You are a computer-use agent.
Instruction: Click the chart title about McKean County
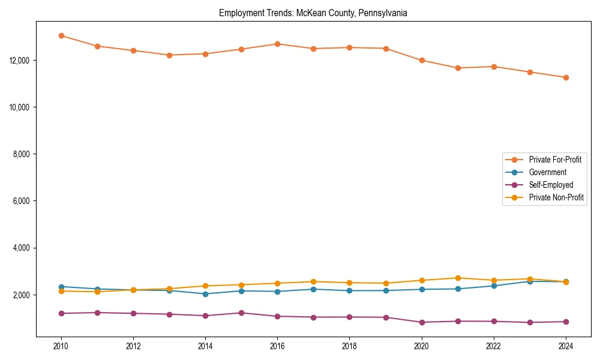tap(313, 13)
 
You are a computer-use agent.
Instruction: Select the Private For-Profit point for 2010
tap(61, 35)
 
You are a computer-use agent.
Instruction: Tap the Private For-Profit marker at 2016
tap(277, 44)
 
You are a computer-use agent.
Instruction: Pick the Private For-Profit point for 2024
tap(566, 77)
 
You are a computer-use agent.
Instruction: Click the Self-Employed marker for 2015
tap(241, 313)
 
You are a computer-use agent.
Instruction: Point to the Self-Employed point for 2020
tap(422, 322)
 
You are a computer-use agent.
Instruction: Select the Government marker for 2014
tap(205, 294)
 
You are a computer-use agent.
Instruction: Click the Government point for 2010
tap(61, 287)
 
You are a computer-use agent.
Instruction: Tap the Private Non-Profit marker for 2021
tap(458, 278)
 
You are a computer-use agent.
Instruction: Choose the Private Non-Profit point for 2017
tap(313, 281)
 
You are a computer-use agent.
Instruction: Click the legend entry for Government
tap(547, 172)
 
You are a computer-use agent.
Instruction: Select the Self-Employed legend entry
tap(551, 185)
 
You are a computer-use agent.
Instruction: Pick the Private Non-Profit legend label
tap(556, 197)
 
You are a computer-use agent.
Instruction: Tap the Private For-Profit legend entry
tap(555, 160)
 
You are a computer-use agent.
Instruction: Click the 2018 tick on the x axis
tap(349, 346)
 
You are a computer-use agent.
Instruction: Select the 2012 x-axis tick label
tap(133, 346)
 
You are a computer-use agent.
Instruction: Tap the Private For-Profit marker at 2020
tap(422, 60)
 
